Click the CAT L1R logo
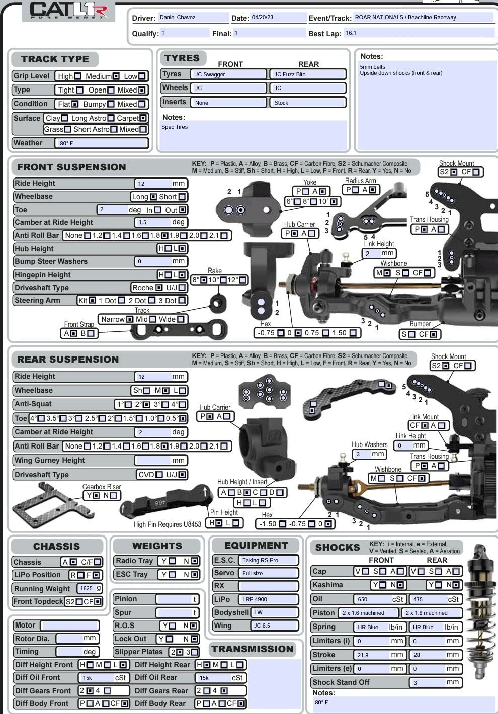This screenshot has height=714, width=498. tap(68, 10)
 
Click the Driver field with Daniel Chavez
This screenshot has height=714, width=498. tap(193, 17)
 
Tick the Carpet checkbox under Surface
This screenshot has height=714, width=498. tap(143, 118)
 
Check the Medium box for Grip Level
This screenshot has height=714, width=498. tap(116, 76)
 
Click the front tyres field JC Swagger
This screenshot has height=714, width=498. tap(228, 74)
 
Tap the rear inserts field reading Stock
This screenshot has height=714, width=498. tap(308, 102)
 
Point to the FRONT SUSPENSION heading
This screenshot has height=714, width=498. tap(71, 167)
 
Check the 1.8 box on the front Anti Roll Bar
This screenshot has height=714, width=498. tap(164, 235)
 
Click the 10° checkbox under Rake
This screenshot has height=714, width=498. tap(223, 280)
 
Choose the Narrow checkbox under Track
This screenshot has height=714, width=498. tap(129, 319)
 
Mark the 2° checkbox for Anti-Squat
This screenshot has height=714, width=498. tap(146, 404)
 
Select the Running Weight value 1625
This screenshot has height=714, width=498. tap(86, 588)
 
